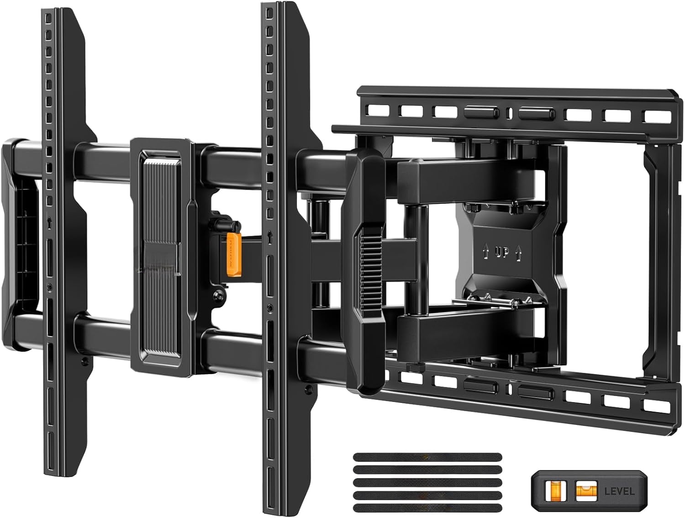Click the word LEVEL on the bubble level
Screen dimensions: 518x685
pos(619,492)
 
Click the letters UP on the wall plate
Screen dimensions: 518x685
pos(502,252)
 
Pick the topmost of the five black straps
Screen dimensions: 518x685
pos(427,457)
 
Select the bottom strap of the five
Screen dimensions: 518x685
pos(427,507)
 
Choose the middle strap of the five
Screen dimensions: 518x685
pos(427,482)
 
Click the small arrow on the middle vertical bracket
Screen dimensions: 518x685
pos(270,238)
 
